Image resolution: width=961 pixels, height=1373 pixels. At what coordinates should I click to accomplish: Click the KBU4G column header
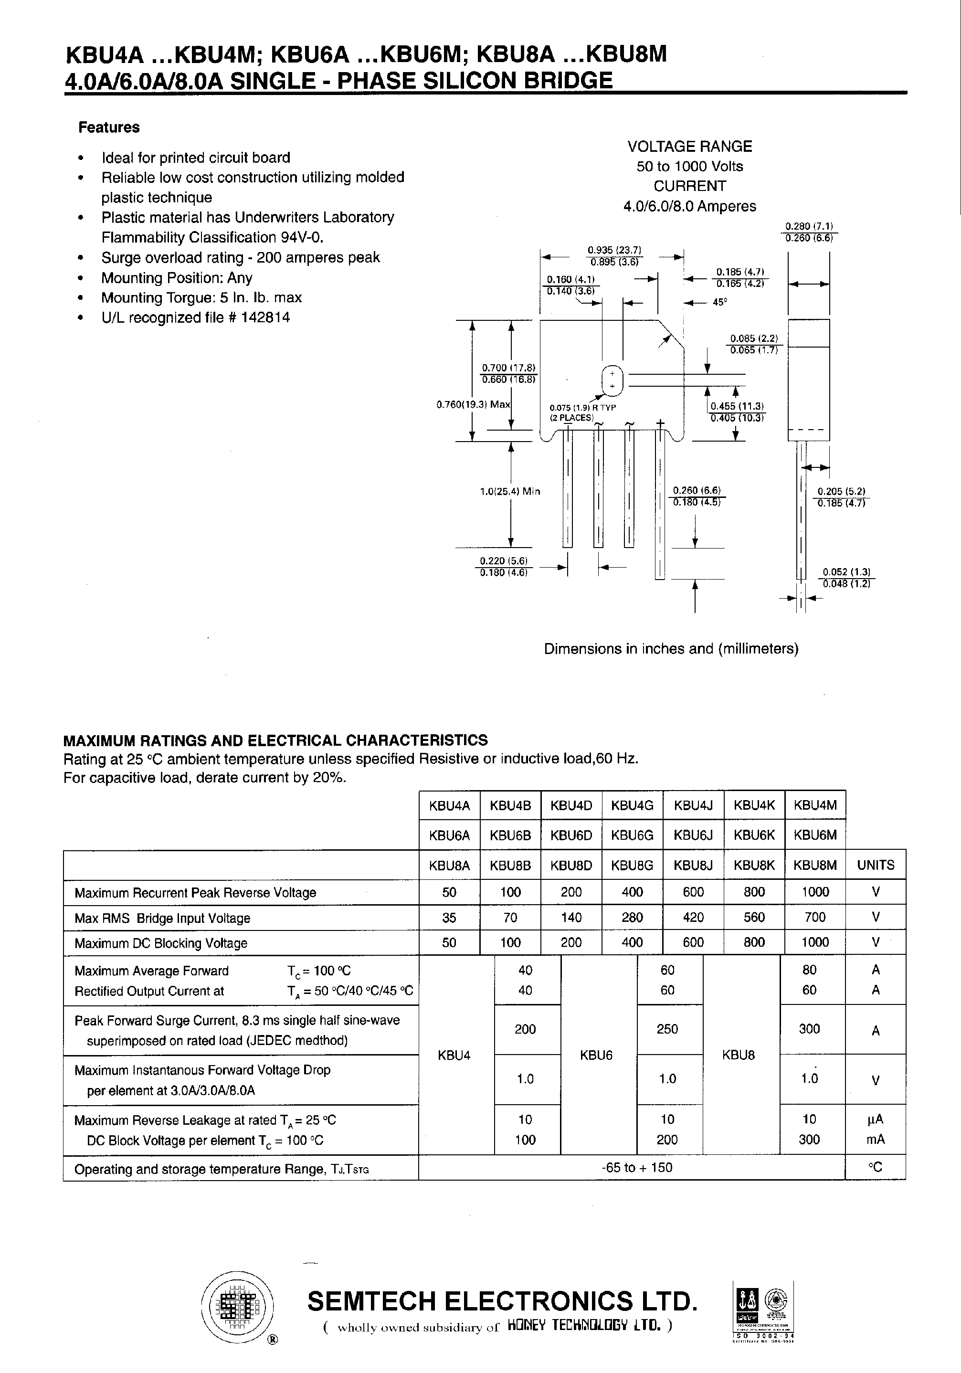coord(632,805)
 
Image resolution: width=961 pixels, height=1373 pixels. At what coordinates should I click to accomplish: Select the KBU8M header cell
coord(814,865)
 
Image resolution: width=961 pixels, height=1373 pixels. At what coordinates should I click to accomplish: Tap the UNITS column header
coord(876,865)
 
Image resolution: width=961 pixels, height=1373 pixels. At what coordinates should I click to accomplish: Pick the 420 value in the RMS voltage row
coord(693,918)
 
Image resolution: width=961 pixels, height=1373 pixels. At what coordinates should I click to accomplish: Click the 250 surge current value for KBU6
coord(667,1028)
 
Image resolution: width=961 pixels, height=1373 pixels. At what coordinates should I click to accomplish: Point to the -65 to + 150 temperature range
coord(632,1167)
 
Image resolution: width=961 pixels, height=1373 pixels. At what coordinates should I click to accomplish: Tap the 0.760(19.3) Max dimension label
coord(473,405)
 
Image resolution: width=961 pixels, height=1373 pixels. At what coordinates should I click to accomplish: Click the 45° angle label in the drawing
coord(719,303)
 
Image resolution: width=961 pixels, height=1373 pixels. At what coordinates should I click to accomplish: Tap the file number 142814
coord(265,317)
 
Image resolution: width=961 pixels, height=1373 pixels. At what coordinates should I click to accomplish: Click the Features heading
coord(109,127)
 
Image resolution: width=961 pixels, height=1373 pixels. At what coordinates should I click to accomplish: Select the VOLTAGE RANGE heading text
coord(689,147)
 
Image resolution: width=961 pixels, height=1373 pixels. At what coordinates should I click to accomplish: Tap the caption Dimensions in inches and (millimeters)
coord(671,649)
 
